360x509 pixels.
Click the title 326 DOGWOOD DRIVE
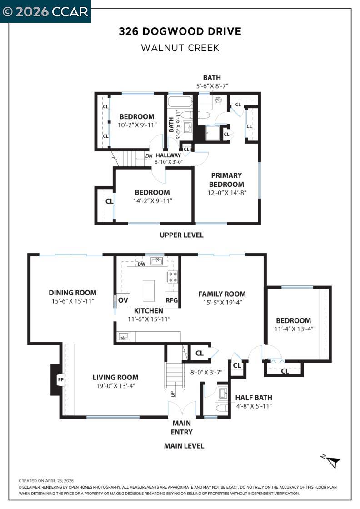(180, 32)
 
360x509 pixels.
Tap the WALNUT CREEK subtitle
(180, 48)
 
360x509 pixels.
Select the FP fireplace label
(60, 379)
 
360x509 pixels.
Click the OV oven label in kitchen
(123, 300)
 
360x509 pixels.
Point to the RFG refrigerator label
(172, 300)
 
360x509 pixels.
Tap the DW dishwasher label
(141, 264)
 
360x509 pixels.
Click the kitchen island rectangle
(149, 290)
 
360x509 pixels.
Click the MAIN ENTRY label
(181, 428)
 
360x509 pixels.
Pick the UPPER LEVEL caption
(181, 235)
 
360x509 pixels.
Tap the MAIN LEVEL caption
(184, 446)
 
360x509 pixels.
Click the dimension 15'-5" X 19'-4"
(222, 303)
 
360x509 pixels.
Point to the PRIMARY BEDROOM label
(226, 180)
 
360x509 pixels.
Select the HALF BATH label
(254, 397)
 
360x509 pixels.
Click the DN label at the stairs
(149, 155)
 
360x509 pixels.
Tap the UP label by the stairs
(172, 394)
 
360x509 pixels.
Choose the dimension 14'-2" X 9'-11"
(152, 200)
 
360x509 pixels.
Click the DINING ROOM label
(73, 293)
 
